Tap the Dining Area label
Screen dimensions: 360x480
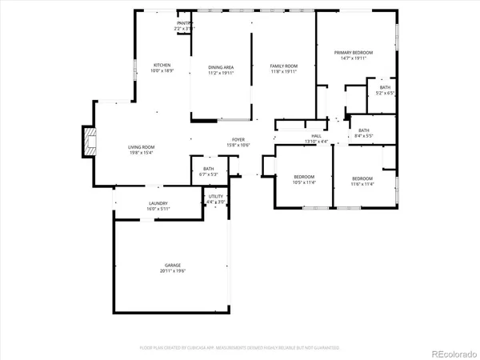pyautogui.click(x=221, y=67)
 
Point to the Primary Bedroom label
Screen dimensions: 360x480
pyautogui.click(x=354, y=52)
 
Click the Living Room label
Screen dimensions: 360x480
pyautogui.click(x=142, y=147)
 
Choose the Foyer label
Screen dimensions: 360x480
pyautogui.click(x=238, y=140)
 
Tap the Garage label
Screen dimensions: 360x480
pyautogui.click(x=173, y=265)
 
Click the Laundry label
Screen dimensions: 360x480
pyautogui.click(x=158, y=203)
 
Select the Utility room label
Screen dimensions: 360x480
pyautogui.click(x=216, y=196)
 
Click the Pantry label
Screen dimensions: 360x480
pyautogui.click(x=183, y=24)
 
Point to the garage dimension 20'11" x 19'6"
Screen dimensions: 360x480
pyautogui.click(x=173, y=270)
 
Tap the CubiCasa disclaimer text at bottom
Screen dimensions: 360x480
pyautogui.click(x=240, y=348)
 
